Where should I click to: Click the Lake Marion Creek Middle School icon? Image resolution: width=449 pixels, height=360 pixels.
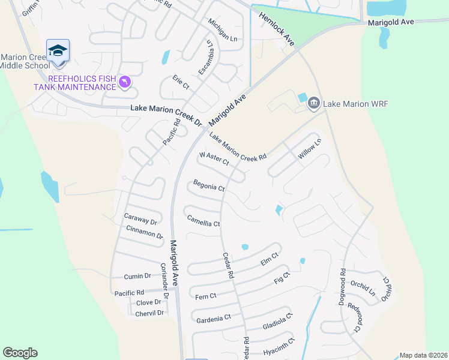58,51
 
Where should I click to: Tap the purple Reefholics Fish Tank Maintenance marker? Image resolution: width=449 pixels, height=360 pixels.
124,82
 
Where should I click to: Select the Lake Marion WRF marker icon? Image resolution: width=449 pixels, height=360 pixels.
313,104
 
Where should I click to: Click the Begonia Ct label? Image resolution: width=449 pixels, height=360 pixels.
208,186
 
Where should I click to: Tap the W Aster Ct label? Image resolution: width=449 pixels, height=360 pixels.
214,158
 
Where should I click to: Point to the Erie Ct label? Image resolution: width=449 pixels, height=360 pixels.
181,82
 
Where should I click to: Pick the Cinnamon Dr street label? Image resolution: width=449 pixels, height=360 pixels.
145,232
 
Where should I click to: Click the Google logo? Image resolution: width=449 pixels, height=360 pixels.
20,353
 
